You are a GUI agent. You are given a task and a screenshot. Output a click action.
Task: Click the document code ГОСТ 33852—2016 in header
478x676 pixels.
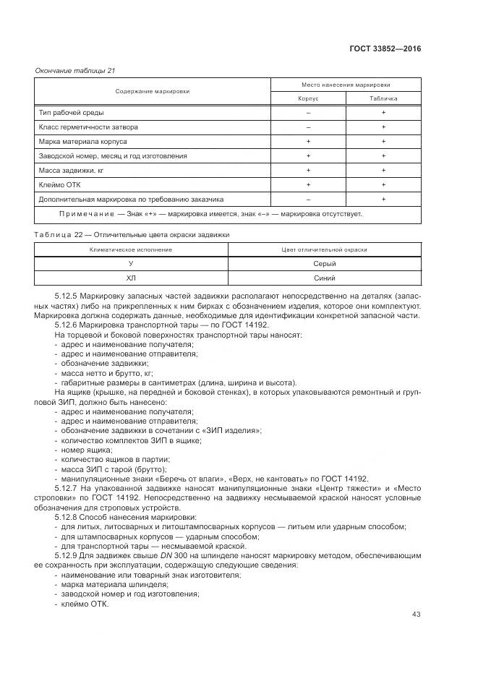click(384, 49)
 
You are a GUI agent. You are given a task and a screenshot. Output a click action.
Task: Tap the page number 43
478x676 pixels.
click(416, 615)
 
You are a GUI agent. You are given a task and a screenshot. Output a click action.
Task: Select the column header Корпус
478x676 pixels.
click(308, 98)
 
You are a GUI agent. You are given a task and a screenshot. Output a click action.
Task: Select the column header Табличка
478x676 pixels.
click(383, 98)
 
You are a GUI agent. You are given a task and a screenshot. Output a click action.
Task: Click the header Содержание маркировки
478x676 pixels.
click(153, 91)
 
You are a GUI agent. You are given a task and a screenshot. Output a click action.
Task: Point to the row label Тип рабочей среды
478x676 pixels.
click(71, 114)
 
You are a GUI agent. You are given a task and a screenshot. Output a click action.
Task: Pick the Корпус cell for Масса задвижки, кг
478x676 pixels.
click(308, 170)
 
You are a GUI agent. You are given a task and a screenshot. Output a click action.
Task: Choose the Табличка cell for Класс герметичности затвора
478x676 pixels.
click(383, 127)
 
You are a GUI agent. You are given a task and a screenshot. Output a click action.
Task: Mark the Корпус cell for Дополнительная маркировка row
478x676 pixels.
click(308, 199)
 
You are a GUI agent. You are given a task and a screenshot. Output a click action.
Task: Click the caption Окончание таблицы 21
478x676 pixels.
click(75, 70)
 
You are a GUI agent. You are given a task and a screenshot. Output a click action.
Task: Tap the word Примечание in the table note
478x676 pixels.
click(86, 214)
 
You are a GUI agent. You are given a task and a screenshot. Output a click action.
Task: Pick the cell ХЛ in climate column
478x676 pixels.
click(131, 278)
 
